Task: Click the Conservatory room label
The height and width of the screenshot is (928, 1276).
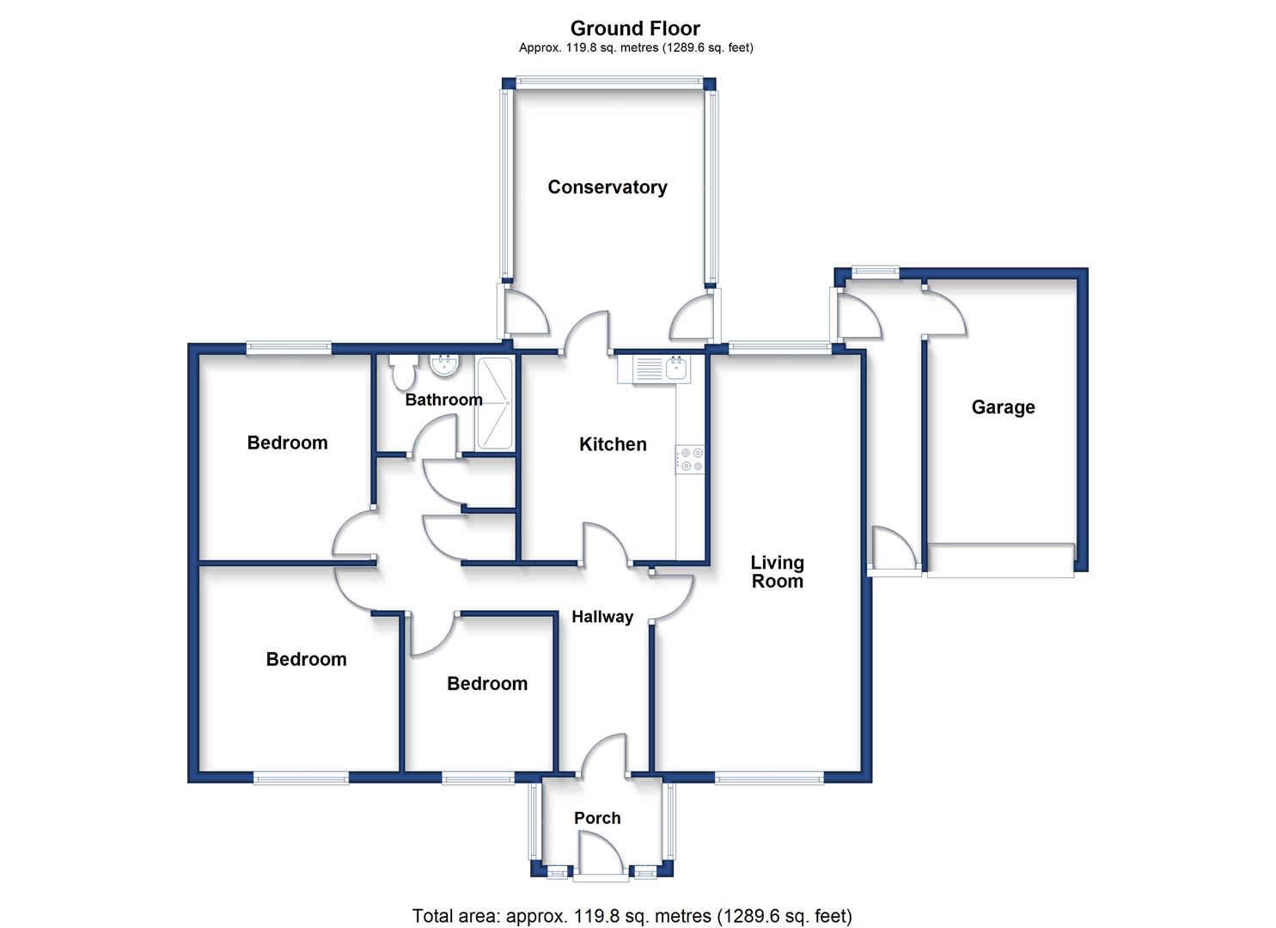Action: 607,186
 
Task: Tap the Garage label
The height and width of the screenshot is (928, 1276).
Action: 1003,407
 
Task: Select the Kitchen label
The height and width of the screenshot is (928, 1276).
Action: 613,444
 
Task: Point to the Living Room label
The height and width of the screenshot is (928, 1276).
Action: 777,571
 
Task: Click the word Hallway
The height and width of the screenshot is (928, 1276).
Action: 602,617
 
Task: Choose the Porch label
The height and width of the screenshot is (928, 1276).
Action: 597,818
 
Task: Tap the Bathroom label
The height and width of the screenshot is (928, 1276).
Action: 443,400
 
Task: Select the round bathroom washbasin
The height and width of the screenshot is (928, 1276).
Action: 444,366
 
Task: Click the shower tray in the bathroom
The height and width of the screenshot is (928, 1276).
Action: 494,403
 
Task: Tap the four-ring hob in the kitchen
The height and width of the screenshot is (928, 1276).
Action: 690,459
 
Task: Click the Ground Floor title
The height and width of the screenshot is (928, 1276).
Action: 635,27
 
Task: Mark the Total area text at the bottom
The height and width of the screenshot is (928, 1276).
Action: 632,915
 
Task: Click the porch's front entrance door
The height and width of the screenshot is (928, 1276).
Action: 601,878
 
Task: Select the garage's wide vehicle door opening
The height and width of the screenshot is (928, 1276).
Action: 1000,560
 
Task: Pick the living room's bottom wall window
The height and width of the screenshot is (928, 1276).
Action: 769,778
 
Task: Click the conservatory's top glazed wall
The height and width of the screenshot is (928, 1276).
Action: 608,83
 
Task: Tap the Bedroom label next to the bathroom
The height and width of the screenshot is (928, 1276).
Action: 287,443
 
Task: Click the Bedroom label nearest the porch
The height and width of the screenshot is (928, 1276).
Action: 487,684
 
